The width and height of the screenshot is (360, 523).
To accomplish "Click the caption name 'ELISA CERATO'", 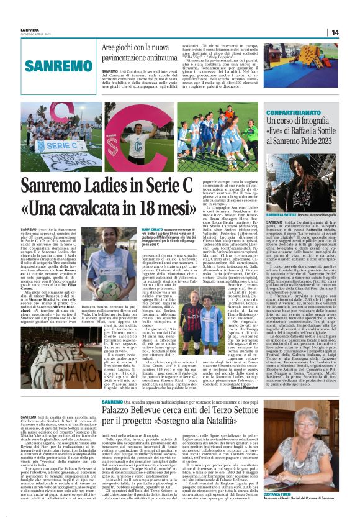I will point(144,229).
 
